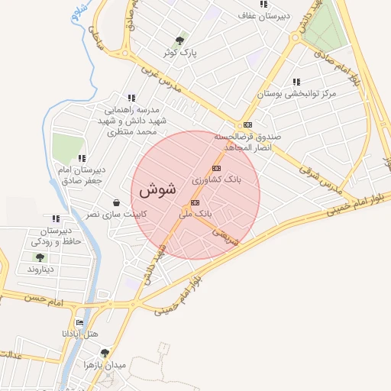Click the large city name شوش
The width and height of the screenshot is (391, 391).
coord(159,188)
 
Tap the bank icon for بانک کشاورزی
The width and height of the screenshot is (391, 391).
coord(217,168)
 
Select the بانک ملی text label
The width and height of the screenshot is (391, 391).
coord(195,215)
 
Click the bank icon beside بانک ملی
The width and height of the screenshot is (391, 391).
coord(195,202)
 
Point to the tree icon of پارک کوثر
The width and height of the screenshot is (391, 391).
coord(180,40)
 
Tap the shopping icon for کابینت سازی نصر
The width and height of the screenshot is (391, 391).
coord(115,203)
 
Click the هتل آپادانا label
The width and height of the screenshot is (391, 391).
coord(79,335)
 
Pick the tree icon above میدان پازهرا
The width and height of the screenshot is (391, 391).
coord(105,352)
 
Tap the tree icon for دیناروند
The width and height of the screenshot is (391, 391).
coord(39,257)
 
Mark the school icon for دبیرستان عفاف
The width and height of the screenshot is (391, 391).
coord(263,4)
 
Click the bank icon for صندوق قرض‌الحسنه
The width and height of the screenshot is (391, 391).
coord(247,124)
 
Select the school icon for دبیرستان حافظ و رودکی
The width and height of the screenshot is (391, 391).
coord(55,219)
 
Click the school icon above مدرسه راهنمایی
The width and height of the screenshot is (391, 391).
coord(131,98)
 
